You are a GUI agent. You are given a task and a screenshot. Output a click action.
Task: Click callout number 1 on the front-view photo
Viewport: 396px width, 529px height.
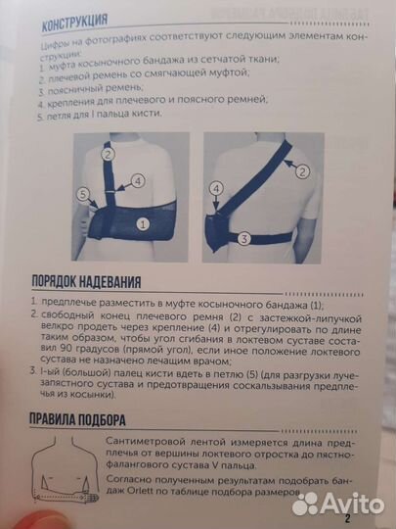(x=143, y=223)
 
